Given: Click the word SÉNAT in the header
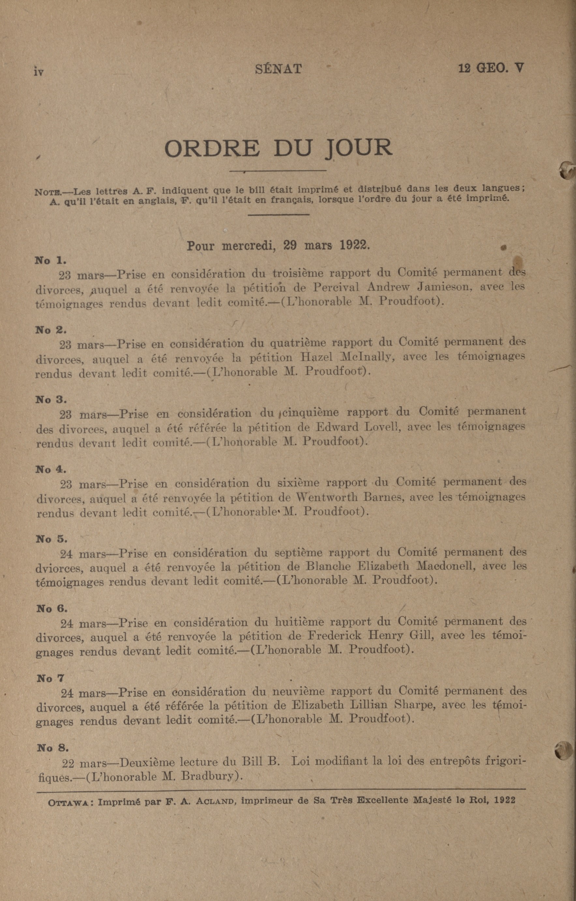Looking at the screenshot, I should [x=278, y=69].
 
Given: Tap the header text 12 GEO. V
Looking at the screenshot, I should [x=491, y=68].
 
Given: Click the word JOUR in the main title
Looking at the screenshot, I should [x=359, y=148].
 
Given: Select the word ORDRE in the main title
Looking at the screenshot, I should [x=212, y=148].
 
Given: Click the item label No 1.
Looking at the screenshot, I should [x=51, y=260].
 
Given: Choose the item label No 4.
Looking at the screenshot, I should [x=51, y=469].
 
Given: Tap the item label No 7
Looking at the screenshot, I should [x=51, y=678].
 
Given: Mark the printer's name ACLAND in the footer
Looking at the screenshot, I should [x=212, y=800].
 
